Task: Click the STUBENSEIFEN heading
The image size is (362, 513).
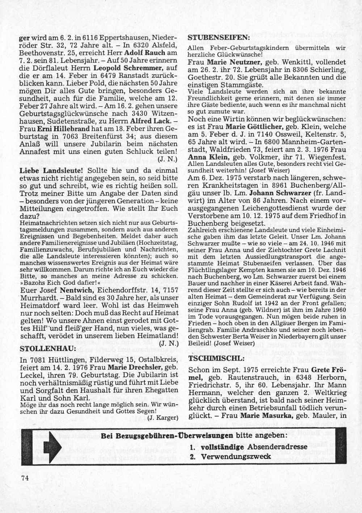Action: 219,38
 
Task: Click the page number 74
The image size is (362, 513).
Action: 25,478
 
